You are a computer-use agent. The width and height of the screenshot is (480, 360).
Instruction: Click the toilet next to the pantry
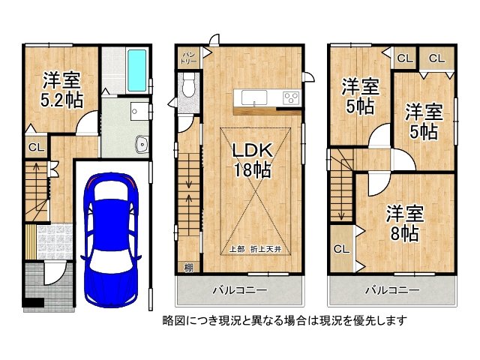(x=187, y=85)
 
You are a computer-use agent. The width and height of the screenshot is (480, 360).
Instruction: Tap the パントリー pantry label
(x=188, y=57)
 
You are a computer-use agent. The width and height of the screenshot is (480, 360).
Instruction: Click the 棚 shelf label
(x=187, y=267)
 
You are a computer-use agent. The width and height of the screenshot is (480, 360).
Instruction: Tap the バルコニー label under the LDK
(x=241, y=289)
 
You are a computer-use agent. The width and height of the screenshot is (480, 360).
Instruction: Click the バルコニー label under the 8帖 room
(x=392, y=289)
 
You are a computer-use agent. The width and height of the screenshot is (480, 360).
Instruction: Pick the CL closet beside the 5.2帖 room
(x=35, y=147)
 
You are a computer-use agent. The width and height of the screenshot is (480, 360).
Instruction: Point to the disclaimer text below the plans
(x=284, y=320)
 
